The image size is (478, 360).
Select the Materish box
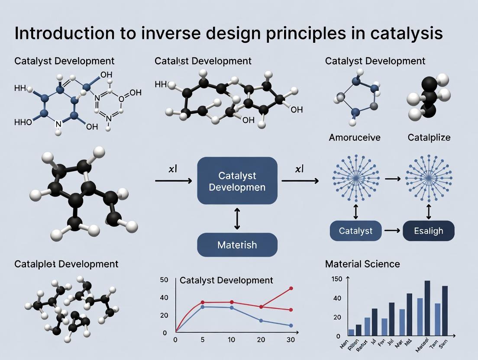[x=237, y=245]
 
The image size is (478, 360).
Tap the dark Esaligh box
[x=429, y=231]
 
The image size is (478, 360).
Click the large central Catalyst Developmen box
[x=237, y=181]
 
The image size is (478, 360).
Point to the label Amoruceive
[x=355, y=138]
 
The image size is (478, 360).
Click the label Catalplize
[x=429, y=138]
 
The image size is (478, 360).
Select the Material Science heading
[x=362, y=264]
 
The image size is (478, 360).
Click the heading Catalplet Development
[x=66, y=264]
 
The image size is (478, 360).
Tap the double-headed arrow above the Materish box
[x=237, y=219]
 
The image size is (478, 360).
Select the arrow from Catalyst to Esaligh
[x=392, y=231]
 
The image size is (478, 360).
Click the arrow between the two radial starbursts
[x=392, y=178]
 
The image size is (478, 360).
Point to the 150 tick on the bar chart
[x=336, y=279]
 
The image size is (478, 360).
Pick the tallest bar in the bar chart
[x=427, y=308]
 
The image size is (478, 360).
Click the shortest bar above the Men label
[x=351, y=332]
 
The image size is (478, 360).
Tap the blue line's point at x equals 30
[x=291, y=325]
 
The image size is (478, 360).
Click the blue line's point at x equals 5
[x=202, y=307]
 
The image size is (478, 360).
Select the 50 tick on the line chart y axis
[x=164, y=280]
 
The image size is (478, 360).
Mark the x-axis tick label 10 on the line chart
[x=232, y=340]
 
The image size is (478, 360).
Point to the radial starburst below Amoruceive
[x=355, y=178]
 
